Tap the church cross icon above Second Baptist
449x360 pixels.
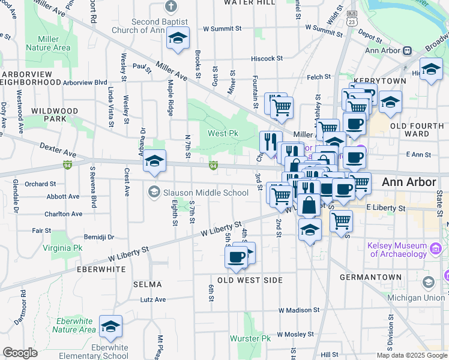(x=171, y=7)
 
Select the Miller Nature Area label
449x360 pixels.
(x=53, y=43)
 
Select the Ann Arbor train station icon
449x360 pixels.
(x=407, y=51)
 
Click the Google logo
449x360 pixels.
(x=20, y=353)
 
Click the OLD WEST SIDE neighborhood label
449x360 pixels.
(x=249, y=280)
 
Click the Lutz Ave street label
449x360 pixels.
(x=152, y=299)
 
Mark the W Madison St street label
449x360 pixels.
(x=300, y=310)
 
